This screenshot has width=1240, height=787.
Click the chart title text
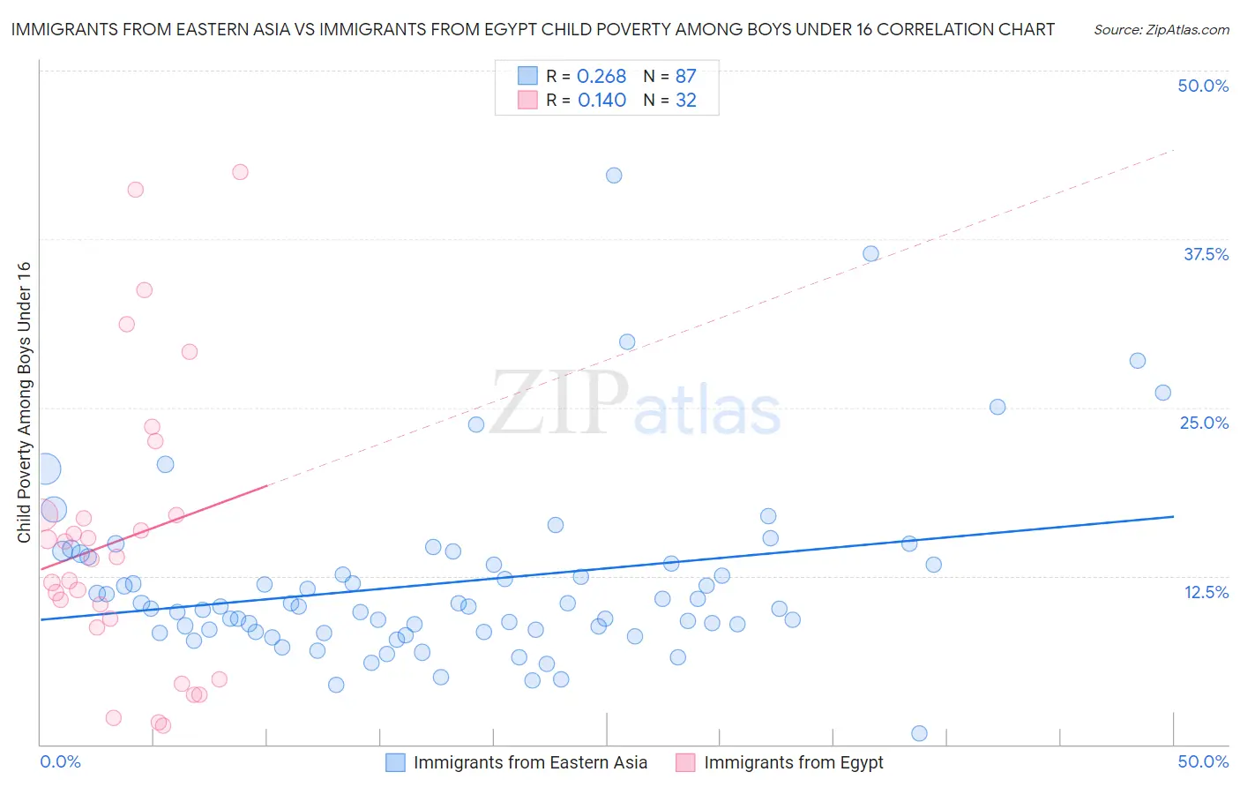(533, 29)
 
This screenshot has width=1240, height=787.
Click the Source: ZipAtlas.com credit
(1161, 29)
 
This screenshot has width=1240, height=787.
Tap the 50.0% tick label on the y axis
(1203, 86)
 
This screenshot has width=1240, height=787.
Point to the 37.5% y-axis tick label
(1206, 254)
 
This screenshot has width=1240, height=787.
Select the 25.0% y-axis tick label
(1204, 423)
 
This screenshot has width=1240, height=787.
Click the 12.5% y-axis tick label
(1206, 592)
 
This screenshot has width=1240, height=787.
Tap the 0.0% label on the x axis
(60, 761)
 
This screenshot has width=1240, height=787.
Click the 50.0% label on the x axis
(1203, 761)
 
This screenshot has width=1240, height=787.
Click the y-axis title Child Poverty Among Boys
(24, 402)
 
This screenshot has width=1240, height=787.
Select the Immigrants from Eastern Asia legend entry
(530, 762)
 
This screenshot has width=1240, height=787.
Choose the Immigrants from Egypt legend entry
(793, 762)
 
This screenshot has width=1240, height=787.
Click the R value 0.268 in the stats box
(601, 77)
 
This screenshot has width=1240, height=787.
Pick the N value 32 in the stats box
(685, 101)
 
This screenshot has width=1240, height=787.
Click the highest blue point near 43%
(614, 176)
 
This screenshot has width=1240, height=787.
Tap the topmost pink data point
(240, 172)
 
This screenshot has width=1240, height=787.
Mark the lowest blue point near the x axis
(919, 733)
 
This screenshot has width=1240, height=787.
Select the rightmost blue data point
(1162, 393)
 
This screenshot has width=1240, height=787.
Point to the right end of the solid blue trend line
(1173, 516)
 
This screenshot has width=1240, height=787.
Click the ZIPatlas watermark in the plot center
(635, 404)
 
